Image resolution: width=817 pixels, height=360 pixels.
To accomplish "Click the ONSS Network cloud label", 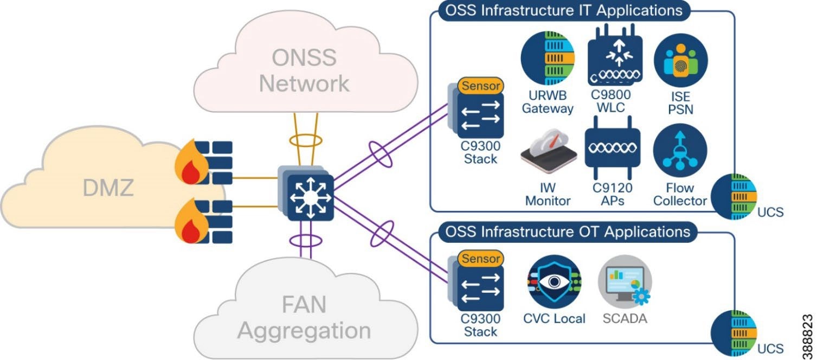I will [x=304, y=71].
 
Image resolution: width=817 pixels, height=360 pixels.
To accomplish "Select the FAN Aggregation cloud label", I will [x=304, y=318].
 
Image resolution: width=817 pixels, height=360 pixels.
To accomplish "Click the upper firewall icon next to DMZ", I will [x=204, y=162].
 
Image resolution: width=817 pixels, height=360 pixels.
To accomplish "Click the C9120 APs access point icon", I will [x=612, y=150].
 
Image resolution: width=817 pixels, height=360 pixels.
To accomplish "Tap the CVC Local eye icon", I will [x=554, y=282].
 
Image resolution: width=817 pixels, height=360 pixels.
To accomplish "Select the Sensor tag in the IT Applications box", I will [x=480, y=85].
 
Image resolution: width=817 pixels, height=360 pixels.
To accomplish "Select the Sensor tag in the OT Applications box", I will [x=480, y=259].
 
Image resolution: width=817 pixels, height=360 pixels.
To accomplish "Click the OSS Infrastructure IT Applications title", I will [x=563, y=10].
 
